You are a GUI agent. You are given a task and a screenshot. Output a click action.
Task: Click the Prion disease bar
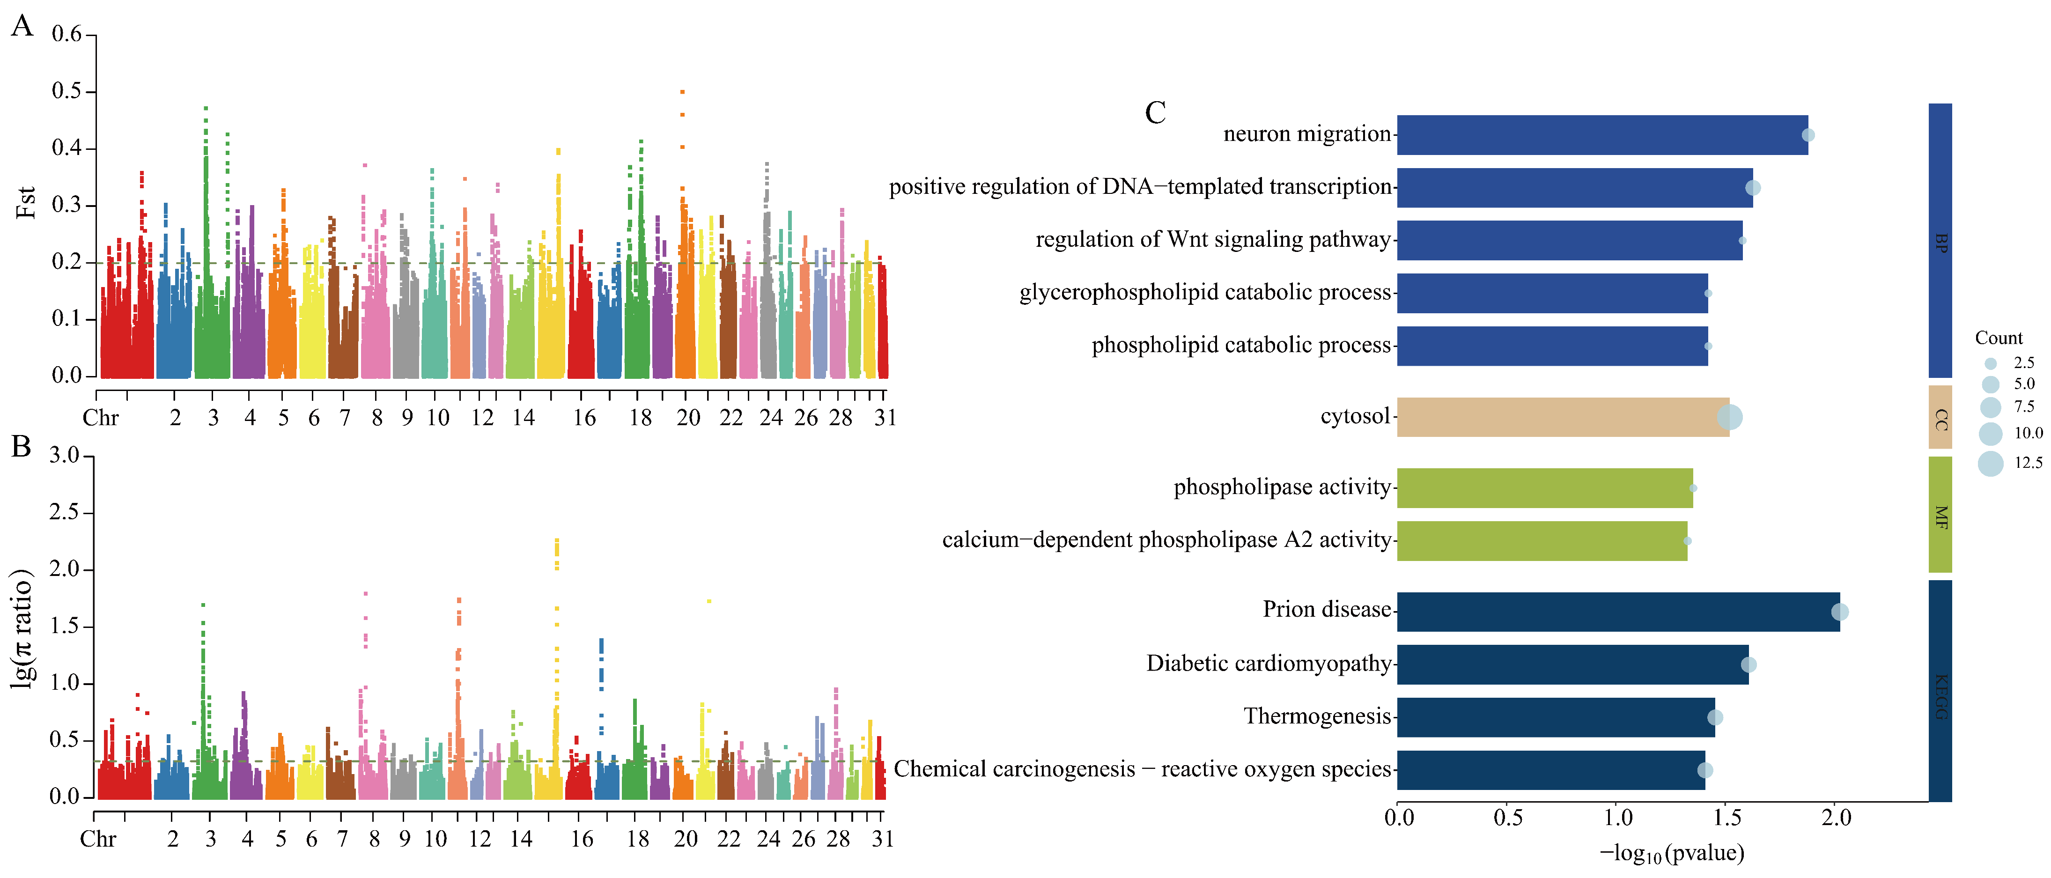click(x=1616, y=612)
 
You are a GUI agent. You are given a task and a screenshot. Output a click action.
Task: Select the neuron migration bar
click(x=1601, y=134)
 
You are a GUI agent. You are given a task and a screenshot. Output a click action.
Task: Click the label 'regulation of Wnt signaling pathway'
click(x=1213, y=240)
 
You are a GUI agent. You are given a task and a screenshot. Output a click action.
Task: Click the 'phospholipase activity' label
click(x=1282, y=487)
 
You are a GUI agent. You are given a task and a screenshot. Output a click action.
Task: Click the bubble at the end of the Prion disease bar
click(x=1839, y=612)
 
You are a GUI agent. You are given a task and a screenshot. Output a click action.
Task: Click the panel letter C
click(x=1155, y=113)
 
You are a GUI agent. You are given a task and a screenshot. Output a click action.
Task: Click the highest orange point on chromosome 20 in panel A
click(x=682, y=92)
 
